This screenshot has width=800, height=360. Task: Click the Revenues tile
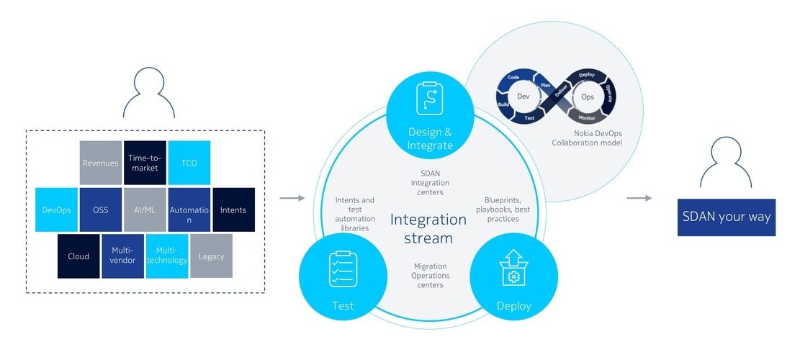(x=100, y=163)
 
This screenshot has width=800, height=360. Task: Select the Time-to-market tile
(x=145, y=163)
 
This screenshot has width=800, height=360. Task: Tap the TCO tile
(x=189, y=163)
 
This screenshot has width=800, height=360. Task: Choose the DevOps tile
(x=56, y=210)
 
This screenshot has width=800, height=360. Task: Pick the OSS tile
(x=100, y=210)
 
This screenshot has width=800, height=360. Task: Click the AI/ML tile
(x=145, y=210)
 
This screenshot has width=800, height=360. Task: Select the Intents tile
(x=233, y=210)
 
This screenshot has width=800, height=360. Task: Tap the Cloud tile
(x=78, y=256)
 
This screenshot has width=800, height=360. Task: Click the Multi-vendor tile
(x=122, y=256)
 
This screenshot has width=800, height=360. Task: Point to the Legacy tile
(x=211, y=256)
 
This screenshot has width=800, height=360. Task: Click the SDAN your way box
(x=726, y=217)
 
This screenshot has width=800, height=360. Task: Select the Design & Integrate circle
(x=430, y=119)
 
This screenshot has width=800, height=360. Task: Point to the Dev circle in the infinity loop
(x=523, y=96)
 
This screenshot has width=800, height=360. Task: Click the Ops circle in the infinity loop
(x=588, y=96)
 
